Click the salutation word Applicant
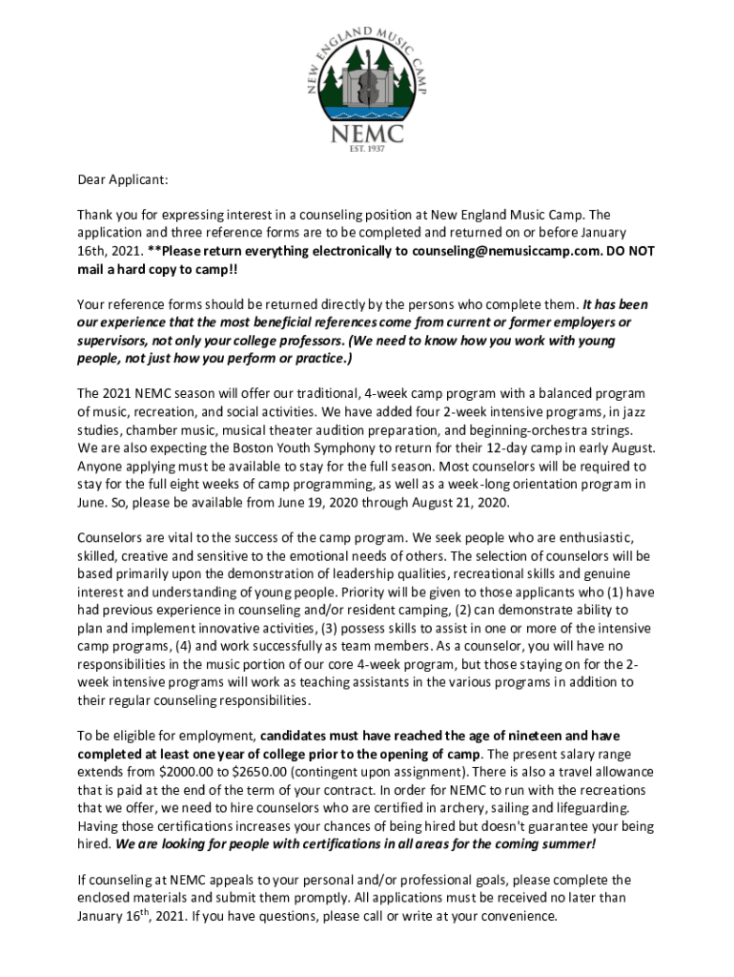[x=138, y=178]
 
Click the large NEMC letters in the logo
[x=367, y=135]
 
